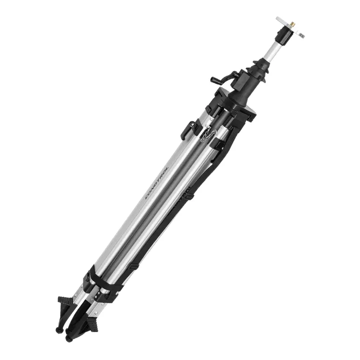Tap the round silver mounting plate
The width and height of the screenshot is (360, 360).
point(290,27)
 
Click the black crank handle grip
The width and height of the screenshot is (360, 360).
point(216,80)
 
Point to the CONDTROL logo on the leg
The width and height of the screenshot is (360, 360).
point(157,183)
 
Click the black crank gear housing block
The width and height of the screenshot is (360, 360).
point(239,81)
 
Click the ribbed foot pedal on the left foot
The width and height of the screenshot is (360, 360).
point(66,301)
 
